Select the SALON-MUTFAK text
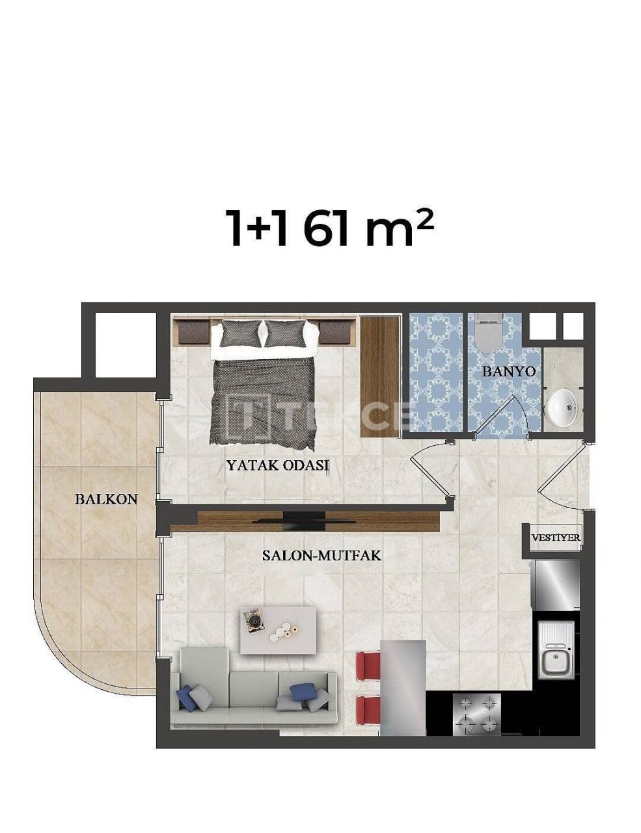coord(321,556)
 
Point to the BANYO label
coord(509,371)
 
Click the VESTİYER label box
coord(556,538)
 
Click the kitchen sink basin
coord(554,662)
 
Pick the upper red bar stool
coord(369,666)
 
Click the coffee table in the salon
coord(278,630)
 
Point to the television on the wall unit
coord(304,518)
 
